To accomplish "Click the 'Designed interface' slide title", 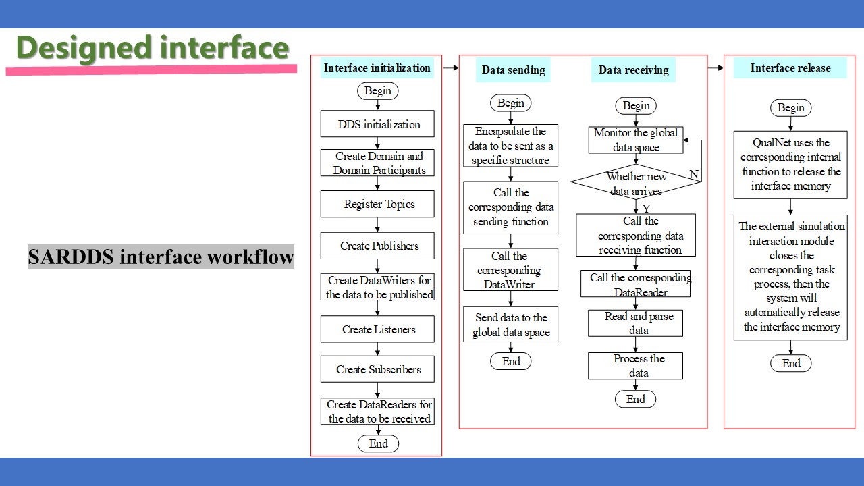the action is click(x=153, y=48).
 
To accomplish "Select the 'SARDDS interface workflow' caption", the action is click(x=161, y=256).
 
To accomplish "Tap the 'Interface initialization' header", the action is click(x=377, y=68).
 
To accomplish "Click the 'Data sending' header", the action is click(x=513, y=70).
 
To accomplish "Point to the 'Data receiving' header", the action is click(x=633, y=70).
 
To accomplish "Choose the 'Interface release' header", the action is click(x=790, y=68).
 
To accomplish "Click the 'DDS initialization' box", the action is click(x=377, y=124).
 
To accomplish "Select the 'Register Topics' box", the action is click(x=377, y=204).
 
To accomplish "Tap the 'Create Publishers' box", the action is click(x=377, y=245).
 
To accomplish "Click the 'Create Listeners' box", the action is click(x=377, y=329).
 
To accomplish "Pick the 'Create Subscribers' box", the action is click(x=377, y=369).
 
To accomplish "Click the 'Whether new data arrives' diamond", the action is click(x=636, y=182).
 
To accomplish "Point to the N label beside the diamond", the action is click(x=694, y=174).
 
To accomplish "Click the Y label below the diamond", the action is click(x=647, y=209).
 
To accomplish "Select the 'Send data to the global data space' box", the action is click(x=511, y=325).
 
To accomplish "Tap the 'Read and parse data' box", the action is click(x=635, y=323).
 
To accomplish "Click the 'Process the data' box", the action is click(x=635, y=366).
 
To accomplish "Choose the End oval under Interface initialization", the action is click(x=378, y=443).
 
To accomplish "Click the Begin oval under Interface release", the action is click(x=790, y=107).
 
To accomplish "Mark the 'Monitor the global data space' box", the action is click(x=636, y=140).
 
